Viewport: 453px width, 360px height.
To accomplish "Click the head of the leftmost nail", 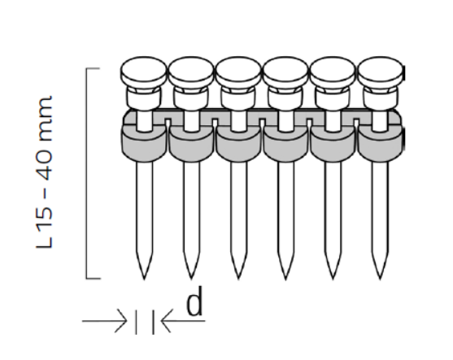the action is (x=144, y=72).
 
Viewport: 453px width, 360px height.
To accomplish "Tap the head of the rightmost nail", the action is (x=380, y=72).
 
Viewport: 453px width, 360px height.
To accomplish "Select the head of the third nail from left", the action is (x=238, y=72).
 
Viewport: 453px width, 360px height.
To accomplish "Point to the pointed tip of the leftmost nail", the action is (x=144, y=280).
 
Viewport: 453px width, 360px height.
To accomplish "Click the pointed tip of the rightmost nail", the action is (x=380, y=280).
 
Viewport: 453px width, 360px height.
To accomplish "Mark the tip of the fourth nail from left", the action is (x=285, y=280).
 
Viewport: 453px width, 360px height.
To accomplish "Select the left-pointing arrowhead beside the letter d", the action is (x=167, y=321).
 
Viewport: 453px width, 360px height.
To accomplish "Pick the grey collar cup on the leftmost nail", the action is (x=144, y=145).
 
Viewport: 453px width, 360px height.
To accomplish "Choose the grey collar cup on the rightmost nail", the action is (x=380, y=145).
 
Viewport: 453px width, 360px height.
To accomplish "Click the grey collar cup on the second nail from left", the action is (x=191, y=145).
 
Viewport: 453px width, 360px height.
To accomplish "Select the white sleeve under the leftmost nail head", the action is (x=144, y=98).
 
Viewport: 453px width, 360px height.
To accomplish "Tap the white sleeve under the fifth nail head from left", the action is (x=333, y=98).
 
